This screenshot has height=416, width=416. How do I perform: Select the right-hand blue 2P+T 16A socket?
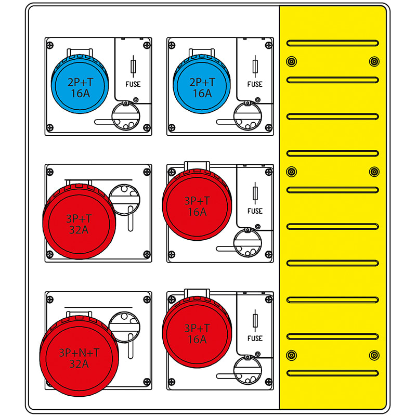point(202,86)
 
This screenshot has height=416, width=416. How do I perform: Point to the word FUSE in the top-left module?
point(133,84)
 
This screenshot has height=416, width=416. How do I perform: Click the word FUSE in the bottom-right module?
point(255,338)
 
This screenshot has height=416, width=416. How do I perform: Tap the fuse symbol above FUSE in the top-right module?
point(255,67)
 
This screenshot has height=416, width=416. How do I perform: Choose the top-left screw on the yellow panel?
point(291,62)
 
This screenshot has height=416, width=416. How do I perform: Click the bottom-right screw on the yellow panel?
point(373,355)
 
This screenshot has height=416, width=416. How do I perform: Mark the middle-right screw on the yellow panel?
point(373,172)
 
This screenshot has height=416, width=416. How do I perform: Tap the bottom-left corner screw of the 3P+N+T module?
point(50,382)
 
